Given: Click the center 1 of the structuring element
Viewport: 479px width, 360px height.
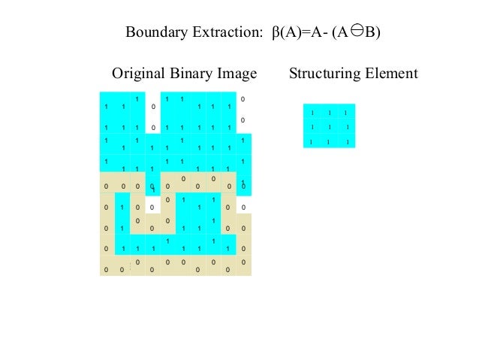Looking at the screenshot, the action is pos(330,127).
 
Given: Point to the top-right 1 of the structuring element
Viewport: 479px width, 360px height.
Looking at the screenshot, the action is pos(345,113).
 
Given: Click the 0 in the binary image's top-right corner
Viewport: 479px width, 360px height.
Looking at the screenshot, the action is pos(243,99).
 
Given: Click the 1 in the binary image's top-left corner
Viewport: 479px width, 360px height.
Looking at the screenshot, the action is pos(107,107).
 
